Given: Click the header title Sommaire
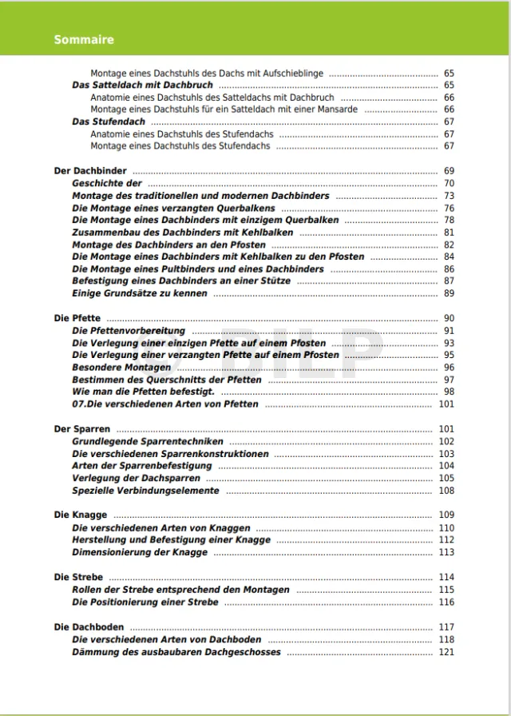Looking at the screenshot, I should (x=84, y=39).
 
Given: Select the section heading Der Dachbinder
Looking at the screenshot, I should (x=90, y=171).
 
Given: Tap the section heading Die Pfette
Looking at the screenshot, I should (x=77, y=318).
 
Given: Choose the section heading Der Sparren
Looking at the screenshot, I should (x=81, y=429).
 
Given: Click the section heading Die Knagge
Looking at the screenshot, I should (x=81, y=515).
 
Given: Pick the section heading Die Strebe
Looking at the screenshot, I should (x=78, y=577).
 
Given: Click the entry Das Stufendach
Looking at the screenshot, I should (x=109, y=121).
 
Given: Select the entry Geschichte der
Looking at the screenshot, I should (x=107, y=183).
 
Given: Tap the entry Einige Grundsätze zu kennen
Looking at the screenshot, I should (x=140, y=293).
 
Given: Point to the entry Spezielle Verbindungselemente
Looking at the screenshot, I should (x=145, y=491).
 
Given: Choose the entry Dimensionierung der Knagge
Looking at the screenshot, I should (x=140, y=552).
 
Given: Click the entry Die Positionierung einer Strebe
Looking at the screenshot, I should (x=145, y=603).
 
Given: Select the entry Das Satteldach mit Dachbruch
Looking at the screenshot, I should (x=142, y=85).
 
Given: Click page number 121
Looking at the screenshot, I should (x=446, y=652).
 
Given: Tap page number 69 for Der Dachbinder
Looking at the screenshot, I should (x=449, y=171).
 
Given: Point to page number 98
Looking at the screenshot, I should (x=449, y=392).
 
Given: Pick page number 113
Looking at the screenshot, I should (x=446, y=552).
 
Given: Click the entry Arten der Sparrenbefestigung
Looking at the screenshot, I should (x=141, y=466).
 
